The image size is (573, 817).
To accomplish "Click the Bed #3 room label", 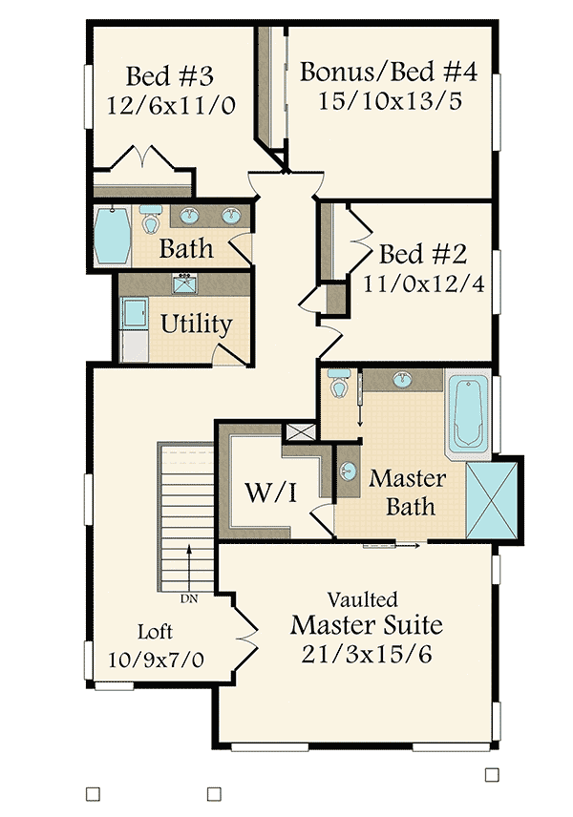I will [x=169, y=75].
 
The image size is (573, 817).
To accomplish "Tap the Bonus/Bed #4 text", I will [x=388, y=72].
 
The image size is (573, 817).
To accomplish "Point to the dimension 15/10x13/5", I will [x=388, y=100].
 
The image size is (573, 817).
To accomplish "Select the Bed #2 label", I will [x=422, y=255].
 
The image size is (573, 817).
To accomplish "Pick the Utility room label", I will [x=196, y=325].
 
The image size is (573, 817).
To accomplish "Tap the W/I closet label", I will [x=271, y=493].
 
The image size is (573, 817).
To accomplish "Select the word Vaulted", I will [x=363, y=600].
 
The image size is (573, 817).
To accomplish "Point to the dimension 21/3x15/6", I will [x=367, y=657].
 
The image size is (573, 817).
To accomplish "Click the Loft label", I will [x=156, y=631].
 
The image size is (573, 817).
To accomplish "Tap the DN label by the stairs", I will [x=189, y=599].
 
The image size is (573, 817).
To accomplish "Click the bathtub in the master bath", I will [x=469, y=414].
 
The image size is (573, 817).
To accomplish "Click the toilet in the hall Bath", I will [x=150, y=220].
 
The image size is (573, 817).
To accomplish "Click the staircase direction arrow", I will [x=189, y=567].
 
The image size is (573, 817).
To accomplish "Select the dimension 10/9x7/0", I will [x=157, y=659].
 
